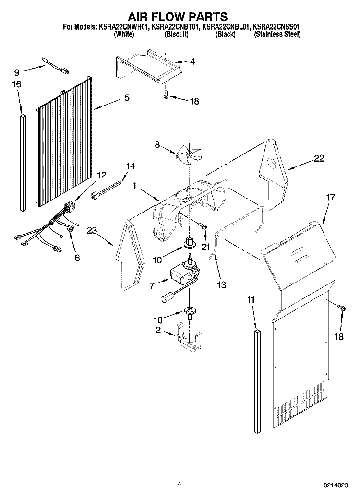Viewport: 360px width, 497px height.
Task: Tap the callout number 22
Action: pyautogui.click(x=319, y=159)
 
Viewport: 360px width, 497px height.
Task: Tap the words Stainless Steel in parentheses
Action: pyautogui.click(x=277, y=35)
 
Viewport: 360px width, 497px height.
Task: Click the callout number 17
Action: pyautogui.click(x=330, y=197)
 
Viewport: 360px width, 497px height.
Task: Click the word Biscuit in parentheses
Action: pyautogui.click(x=176, y=35)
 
